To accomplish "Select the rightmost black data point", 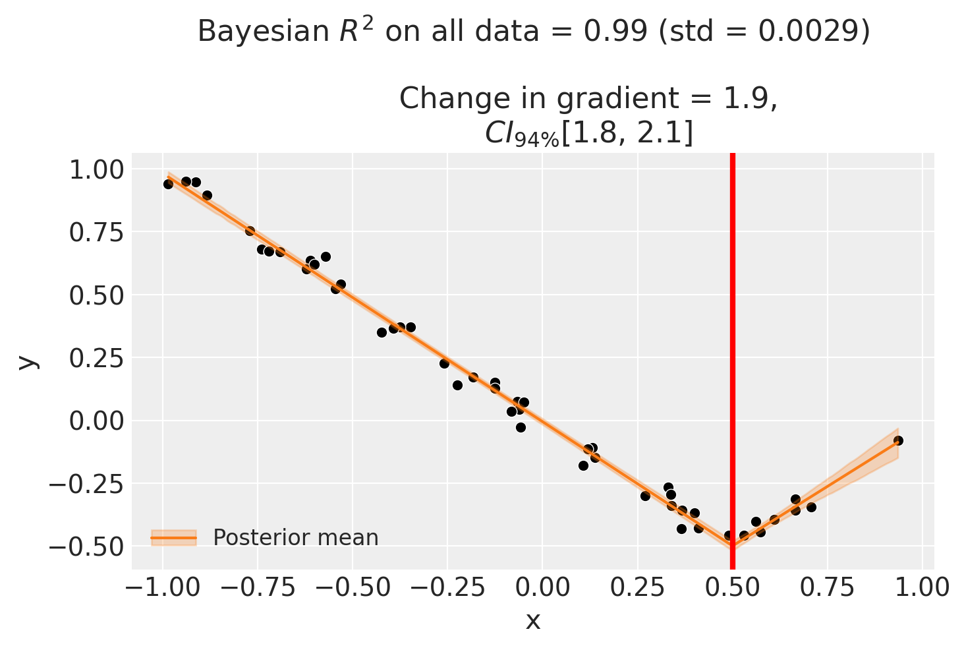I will pyautogui.click(x=898, y=440).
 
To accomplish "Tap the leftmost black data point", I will pyautogui.click(x=168, y=184).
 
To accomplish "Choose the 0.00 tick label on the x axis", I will pyautogui.click(x=542, y=587).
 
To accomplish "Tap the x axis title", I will pyautogui.click(x=533, y=620).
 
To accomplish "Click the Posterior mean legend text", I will pyautogui.click(x=296, y=538).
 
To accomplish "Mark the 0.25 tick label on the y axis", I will pyautogui.click(x=95, y=358).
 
